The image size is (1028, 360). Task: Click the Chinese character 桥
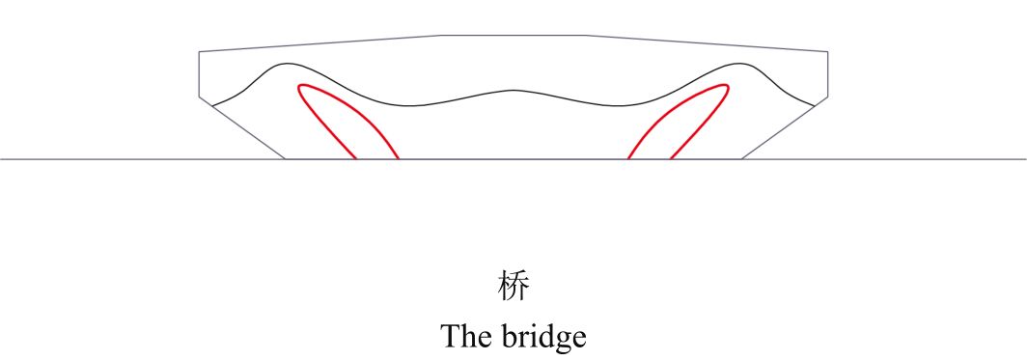click(514, 287)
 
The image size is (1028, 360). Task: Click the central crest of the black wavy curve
click(513, 91)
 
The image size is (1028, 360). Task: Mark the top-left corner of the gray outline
click(199, 51)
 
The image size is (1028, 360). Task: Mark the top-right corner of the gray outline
click(827, 51)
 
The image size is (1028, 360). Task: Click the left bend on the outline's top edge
click(441, 35)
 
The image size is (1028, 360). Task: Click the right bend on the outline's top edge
click(585, 35)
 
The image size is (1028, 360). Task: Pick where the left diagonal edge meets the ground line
click(285, 158)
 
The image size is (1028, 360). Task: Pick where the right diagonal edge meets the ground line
click(741, 158)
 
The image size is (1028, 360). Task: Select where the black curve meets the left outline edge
click(211, 104)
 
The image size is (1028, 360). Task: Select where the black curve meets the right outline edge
click(816, 104)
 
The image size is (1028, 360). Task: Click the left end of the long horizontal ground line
click(1, 158)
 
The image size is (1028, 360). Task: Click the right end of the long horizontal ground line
click(1026, 158)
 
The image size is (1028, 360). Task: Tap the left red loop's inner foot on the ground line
click(399, 158)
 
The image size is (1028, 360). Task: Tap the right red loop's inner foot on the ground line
click(628, 158)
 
